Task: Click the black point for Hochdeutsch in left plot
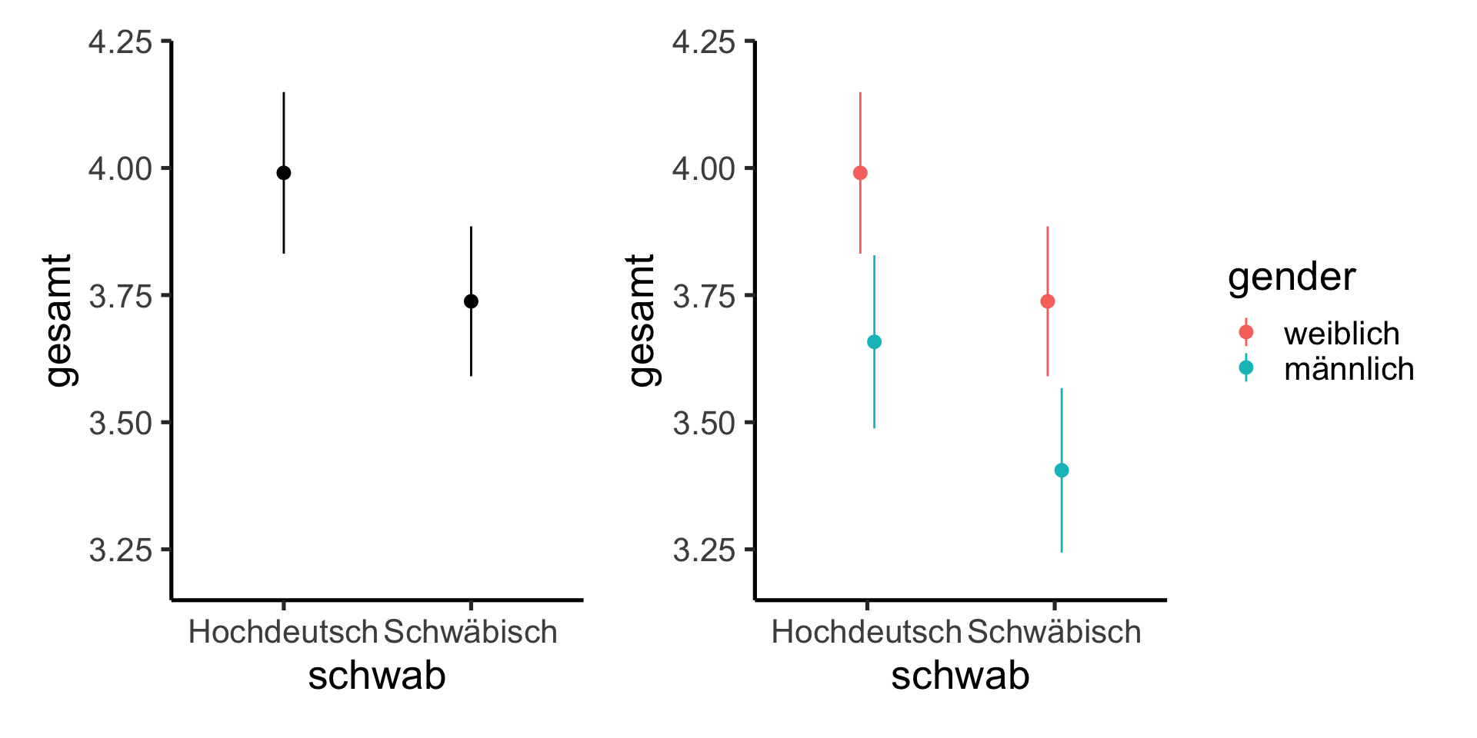tap(284, 173)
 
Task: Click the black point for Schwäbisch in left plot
tap(471, 301)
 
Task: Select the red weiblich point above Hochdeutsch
tap(860, 173)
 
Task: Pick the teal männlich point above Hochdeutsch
tap(874, 342)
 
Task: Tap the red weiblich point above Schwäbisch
tap(1047, 301)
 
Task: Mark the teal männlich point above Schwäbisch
tap(1062, 470)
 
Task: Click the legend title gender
tap(1292, 277)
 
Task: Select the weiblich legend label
tap(1342, 334)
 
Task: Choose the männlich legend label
tap(1349, 369)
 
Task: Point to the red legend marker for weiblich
tap(1246, 332)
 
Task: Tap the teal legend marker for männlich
tap(1246, 368)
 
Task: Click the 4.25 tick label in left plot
tap(121, 42)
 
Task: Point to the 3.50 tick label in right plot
tap(704, 424)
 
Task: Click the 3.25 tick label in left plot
tap(121, 550)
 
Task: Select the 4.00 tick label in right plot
tap(704, 169)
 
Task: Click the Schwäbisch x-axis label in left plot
tap(471, 632)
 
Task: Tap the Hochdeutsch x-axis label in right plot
tap(866, 632)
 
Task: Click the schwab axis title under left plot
tap(377, 676)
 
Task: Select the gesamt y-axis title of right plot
tap(642, 321)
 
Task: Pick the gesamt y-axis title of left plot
tap(58, 321)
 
